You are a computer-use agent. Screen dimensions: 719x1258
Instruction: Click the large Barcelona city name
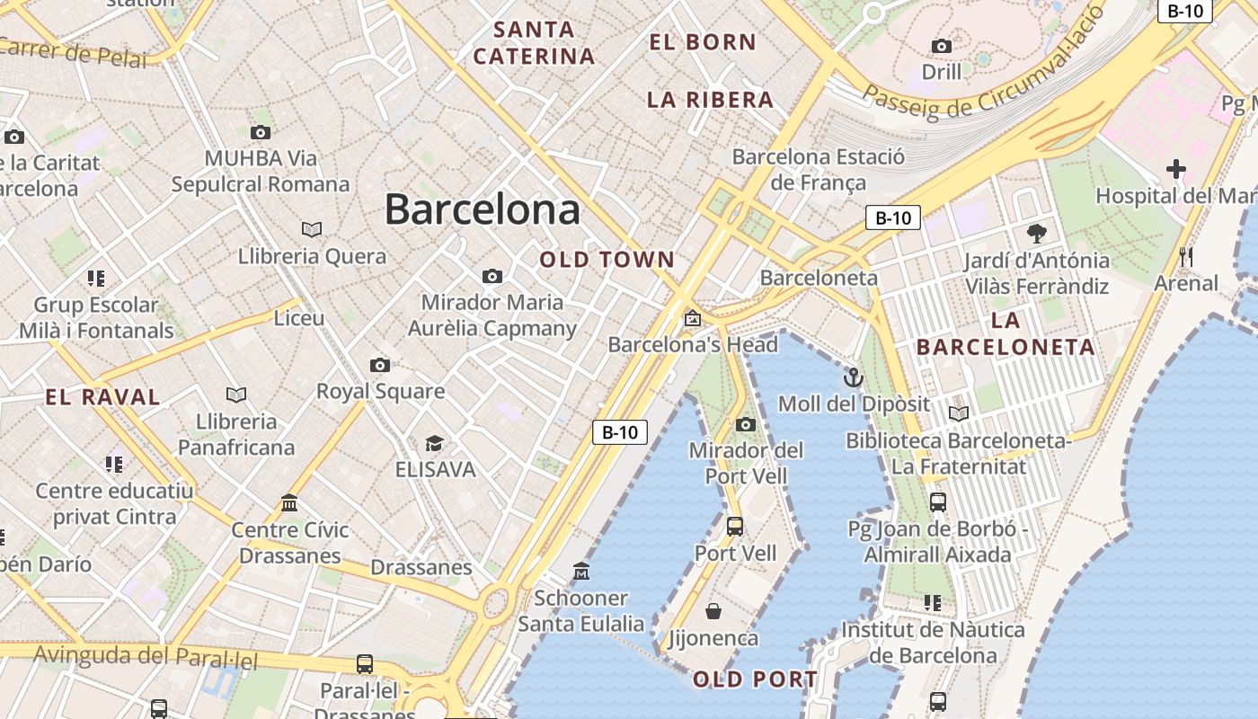482,210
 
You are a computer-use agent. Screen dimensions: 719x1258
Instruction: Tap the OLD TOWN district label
607,260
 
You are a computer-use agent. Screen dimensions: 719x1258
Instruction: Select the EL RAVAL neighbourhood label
102,397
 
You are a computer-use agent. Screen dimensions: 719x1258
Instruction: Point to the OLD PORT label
755,679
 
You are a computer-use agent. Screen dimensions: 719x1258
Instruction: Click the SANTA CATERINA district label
534,43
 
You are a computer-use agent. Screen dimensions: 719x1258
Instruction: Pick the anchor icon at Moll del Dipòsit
853,377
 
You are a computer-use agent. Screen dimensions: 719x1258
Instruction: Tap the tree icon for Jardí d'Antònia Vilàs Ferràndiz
1036,234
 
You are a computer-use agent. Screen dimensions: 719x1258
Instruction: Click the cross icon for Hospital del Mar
1175,168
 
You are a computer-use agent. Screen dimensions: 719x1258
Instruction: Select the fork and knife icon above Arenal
1186,257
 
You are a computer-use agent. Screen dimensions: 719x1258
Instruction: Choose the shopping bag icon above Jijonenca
713,611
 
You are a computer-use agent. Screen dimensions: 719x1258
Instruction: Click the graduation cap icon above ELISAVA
435,442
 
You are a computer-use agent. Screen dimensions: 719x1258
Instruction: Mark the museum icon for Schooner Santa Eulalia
581,571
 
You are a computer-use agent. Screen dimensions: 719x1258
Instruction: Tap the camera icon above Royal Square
380,365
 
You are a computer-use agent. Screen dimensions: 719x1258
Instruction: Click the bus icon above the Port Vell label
735,527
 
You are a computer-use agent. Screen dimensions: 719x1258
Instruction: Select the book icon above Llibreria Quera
312,229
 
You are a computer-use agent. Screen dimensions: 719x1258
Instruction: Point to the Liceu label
299,318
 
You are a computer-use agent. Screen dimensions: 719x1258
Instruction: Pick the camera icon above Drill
942,46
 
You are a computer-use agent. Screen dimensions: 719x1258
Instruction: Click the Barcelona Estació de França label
818,169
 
